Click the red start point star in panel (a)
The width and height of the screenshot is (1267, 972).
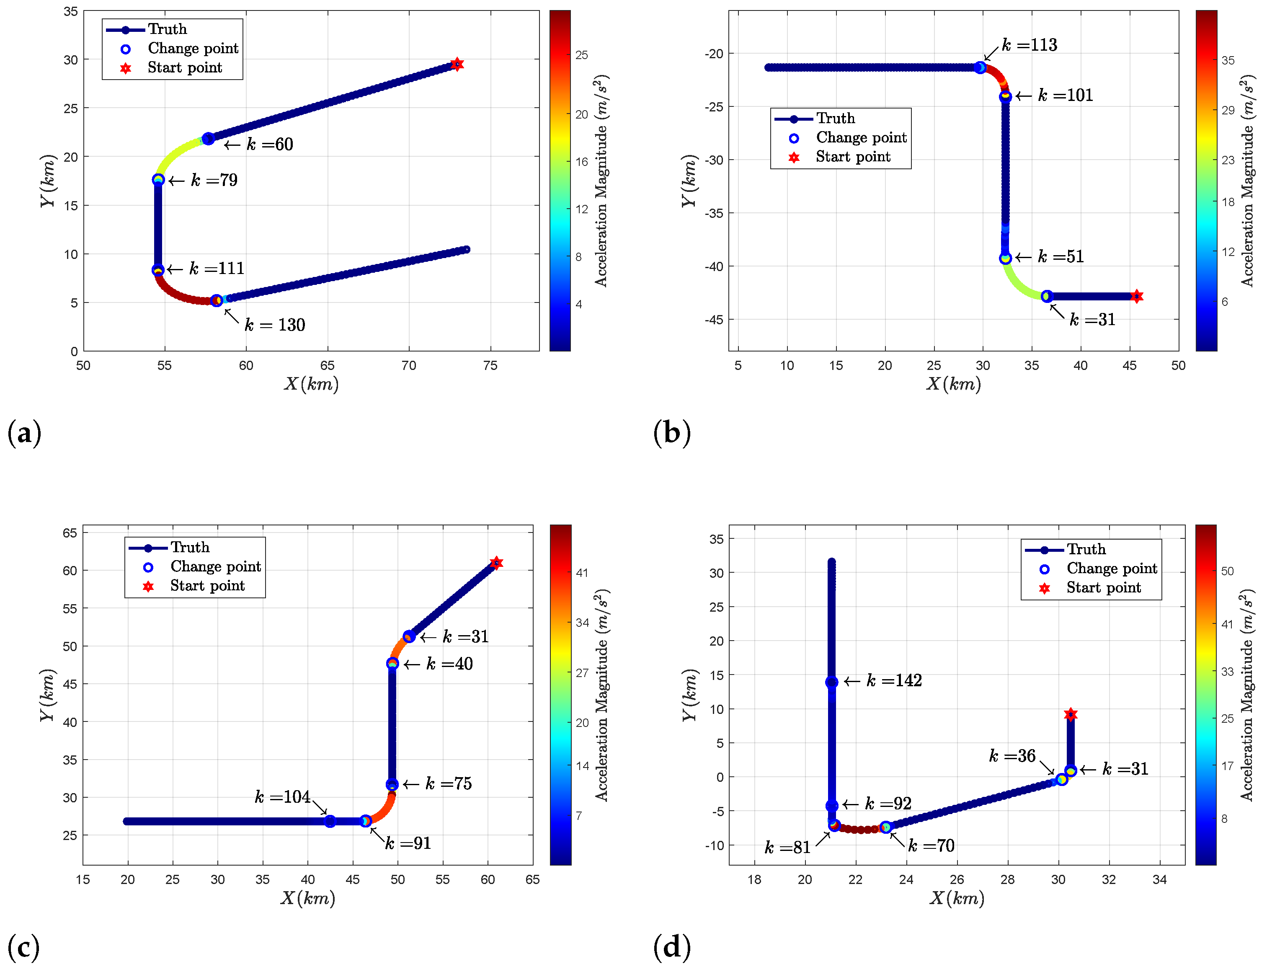click(457, 64)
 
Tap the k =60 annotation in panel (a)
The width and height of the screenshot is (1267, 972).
click(269, 144)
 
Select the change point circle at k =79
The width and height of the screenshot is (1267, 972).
click(158, 180)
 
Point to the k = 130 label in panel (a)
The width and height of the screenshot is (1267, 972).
click(275, 325)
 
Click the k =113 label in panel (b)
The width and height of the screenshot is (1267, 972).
click(1030, 45)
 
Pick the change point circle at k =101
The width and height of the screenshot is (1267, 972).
click(1005, 97)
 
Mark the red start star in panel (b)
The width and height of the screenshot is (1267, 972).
click(1136, 296)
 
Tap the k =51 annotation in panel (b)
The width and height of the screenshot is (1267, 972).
click(1061, 256)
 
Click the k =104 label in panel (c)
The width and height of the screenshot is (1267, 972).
click(282, 797)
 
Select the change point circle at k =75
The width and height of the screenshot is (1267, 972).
click(392, 785)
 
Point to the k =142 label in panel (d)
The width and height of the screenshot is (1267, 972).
click(894, 680)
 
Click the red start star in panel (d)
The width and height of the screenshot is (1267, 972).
click(1071, 714)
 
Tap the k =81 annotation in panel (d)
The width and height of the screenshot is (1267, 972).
click(787, 848)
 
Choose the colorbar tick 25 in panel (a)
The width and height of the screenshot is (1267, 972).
click(582, 55)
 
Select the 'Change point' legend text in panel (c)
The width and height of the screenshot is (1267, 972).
click(215, 566)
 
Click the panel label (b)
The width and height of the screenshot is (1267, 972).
click(671, 433)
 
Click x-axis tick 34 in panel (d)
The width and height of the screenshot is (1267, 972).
click(1159, 879)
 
